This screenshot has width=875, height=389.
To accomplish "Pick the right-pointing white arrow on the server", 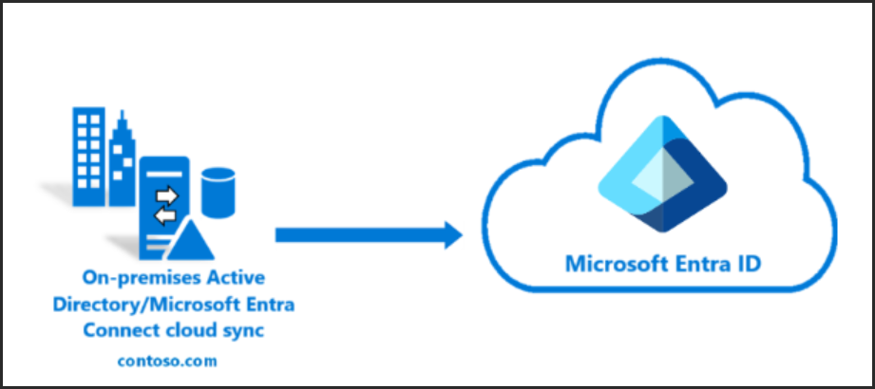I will pyautogui.click(x=167, y=196).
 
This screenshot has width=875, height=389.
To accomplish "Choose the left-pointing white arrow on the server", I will pyautogui.click(x=166, y=216).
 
